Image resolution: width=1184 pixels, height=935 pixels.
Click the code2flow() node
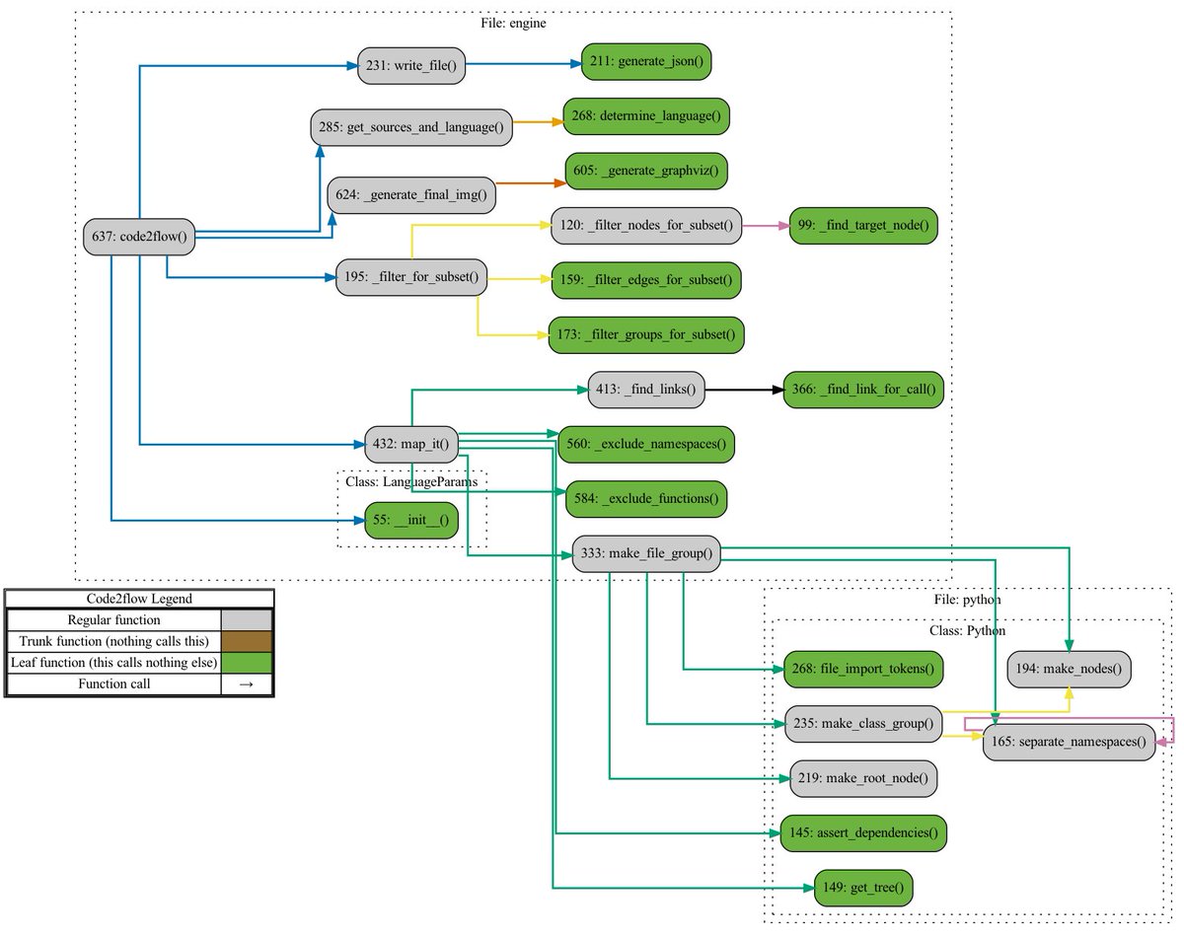coord(139,235)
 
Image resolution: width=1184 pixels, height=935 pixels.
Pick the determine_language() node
coord(645,115)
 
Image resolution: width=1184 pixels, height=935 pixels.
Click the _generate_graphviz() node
coord(646,171)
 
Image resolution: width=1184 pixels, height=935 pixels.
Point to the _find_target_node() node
coord(858,226)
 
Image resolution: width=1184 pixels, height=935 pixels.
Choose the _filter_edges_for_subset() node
coord(645,280)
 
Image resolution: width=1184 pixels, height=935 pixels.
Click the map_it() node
coord(413,445)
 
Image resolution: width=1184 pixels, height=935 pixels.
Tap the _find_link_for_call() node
coord(863,391)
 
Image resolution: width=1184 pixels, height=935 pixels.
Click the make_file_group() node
coord(646,552)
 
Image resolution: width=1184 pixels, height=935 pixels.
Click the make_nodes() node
coord(1069,670)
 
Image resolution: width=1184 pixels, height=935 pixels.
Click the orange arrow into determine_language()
coord(538,122)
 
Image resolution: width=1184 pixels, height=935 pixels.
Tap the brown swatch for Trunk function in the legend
coord(247,642)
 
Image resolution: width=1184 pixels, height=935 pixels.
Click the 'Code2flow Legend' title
coord(139,598)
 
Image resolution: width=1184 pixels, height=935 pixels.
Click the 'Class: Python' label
coord(967,630)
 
